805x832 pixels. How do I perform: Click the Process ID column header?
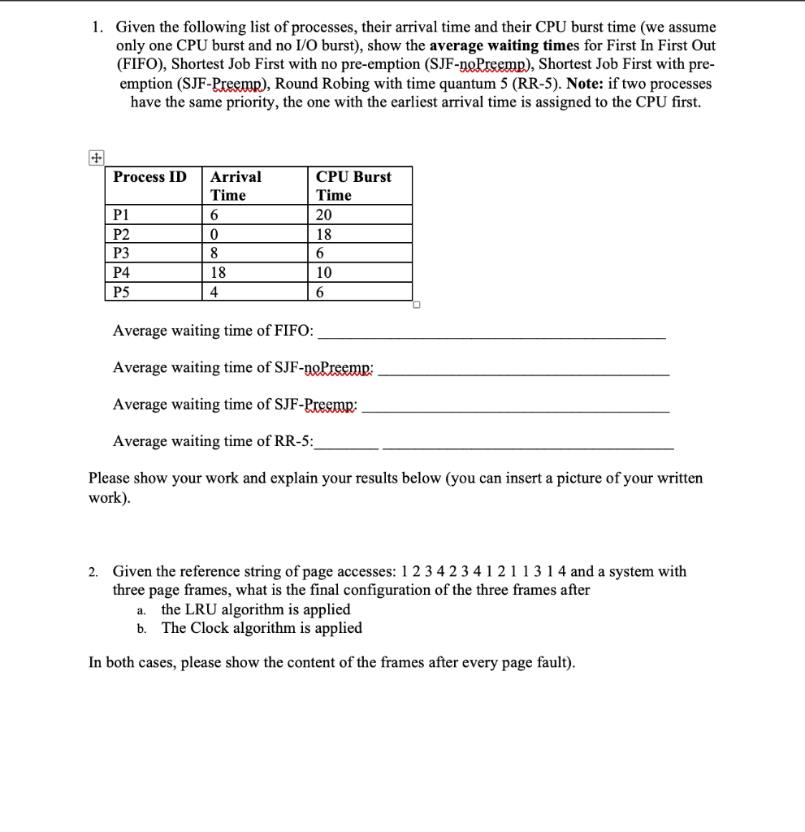pyautogui.click(x=149, y=177)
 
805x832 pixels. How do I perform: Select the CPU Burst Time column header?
pyautogui.click(x=353, y=186)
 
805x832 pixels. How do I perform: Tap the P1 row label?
pyautogui.click(x=122, y=215)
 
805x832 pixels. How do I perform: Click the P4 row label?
pyautogui.click(x=122, y=273)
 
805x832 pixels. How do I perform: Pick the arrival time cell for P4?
pyautogui.click(x=218, y=273)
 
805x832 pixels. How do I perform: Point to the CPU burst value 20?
pyautogui.click(x=324, y=215)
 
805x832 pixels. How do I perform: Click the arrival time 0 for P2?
pyautogui.click(x=214, y=235)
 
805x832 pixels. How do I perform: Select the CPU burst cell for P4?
pyautogui.click(x=324, y=273)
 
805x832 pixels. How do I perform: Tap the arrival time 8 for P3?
pyautogui.click(x=214, y=253)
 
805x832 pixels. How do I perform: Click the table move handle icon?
pyautogui.click(x=96, y=159)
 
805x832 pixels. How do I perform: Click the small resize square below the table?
pyautogui.click(x=416, y=306)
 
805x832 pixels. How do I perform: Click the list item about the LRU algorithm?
pyautogui.click(x=255, y=609)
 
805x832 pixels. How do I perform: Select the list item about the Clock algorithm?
pyautogui.click(x=261, y=628)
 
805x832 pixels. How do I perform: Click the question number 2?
pyautogui.click(x=93, y=572)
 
